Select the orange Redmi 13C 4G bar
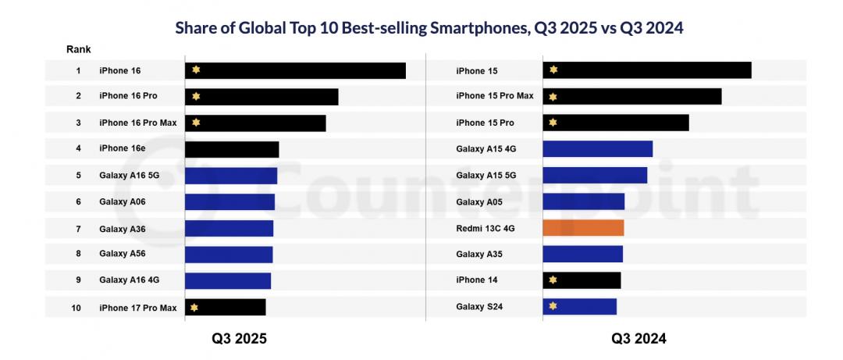[x=583, y=228]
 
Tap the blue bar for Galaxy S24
[x=579, y=307]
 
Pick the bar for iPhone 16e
[x=232, y=149]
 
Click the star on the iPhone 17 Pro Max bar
[x=194, y=308]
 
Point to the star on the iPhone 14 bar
[x=553, y=280]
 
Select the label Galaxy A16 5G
[x=129, y=176]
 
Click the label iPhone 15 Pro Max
[x=494, y=97]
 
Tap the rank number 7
[x=78, y=228]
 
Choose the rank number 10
[x=76, y=308]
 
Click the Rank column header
[x=78, y=50]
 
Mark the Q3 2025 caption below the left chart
[x=239, y=339]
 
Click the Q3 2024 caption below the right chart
[x=638, y=339]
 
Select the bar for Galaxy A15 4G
[x=597, y=149]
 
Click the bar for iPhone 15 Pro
[x=616, y=123]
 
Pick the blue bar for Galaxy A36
[x=229, y=228]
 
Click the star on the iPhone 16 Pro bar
[x=196, y=97]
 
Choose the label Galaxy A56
[x=122, y=254]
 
